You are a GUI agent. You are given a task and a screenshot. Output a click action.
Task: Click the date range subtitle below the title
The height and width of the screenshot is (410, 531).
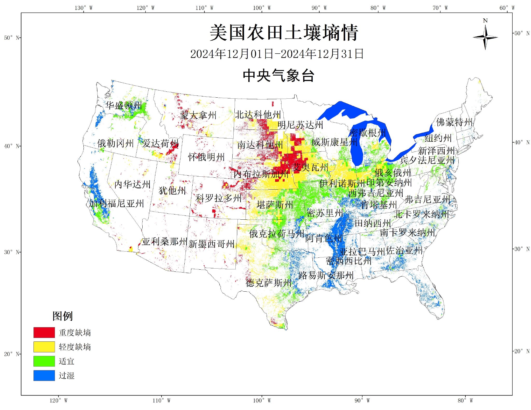[x=277, y=54]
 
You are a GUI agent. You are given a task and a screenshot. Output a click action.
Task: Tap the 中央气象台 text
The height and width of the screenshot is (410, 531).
[x=278, y=76]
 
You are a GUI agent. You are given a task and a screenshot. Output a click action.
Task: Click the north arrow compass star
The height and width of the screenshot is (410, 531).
[x=485, y=38]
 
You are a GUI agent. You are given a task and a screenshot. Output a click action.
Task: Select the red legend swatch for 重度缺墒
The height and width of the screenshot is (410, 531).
[x=44, y=332]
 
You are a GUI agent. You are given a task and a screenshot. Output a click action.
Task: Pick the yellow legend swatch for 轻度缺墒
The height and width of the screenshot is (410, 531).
[x=44, y=347]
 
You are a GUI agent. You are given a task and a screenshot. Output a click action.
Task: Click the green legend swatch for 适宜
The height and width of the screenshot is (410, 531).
[x=44, y=361]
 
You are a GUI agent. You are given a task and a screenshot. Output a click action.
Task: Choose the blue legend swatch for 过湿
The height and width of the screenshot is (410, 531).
[x=44, y=375]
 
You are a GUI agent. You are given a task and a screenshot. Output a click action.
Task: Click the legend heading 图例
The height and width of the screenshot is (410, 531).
[x=62, y=316]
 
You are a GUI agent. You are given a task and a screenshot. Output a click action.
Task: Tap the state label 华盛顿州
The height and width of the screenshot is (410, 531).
[x=124, y=105]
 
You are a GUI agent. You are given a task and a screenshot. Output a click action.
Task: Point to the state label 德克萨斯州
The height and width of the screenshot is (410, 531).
[x=269, y=283]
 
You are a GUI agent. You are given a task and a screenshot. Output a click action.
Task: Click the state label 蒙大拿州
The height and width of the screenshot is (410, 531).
[x=198, y=115]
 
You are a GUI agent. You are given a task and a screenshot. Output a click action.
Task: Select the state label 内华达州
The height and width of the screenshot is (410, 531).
[x=132, y=184]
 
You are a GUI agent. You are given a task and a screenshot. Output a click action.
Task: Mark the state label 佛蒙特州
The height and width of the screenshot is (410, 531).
[x=454, y=122]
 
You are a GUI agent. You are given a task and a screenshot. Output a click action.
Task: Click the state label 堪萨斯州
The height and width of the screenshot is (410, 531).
[x=275, y=205]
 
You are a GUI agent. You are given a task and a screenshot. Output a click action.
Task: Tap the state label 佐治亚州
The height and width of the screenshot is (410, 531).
[x=404, y=251]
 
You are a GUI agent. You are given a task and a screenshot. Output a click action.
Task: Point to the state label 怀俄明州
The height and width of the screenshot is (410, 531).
[x=206, y=157]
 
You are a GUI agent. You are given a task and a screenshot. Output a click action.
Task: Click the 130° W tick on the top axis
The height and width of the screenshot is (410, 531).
[x=83, y=8]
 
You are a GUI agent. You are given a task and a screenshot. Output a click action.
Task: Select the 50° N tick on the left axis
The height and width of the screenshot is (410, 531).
[x=12, y=38]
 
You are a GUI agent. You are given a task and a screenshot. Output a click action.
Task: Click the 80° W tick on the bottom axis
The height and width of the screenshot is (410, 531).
[x=465, y=401]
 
